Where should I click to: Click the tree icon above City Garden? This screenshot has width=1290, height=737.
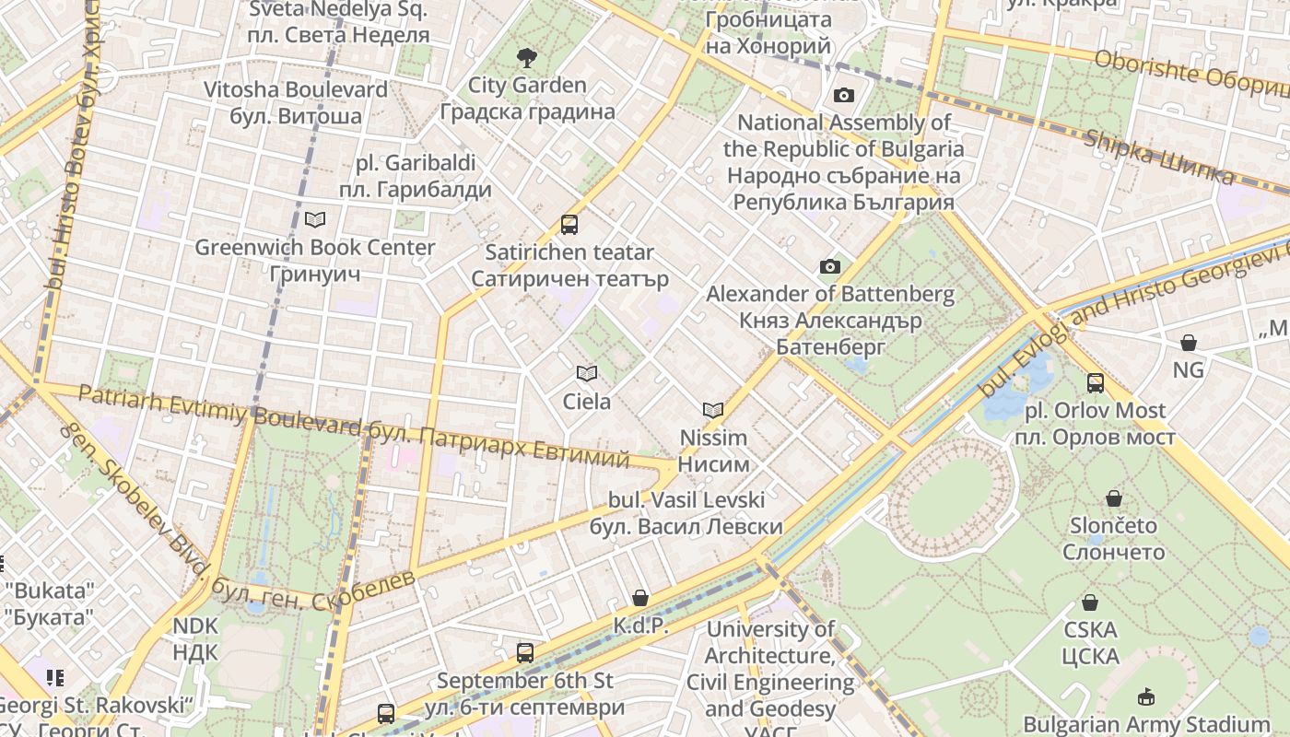point(526,58)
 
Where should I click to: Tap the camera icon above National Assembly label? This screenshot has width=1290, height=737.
point(843,95)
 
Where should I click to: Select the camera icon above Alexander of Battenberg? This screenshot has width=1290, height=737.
point(829,267)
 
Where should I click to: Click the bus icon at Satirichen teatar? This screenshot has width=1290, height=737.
point(569,224)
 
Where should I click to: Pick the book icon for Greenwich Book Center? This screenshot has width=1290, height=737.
point(315,219)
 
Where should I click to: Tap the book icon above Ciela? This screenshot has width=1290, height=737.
point(586,373)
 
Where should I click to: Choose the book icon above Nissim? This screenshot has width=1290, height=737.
point(713,410)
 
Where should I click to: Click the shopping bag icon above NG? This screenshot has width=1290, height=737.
point(1189,343)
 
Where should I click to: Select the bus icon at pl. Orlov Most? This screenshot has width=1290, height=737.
point(1095,382)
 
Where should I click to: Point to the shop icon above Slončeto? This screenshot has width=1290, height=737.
point(1114,498)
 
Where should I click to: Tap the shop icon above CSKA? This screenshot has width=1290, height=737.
point(1090,602)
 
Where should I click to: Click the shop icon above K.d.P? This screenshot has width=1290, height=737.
point(640,598)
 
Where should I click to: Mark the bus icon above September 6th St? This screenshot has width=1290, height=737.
point(525,653)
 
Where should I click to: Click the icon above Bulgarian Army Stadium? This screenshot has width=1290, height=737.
point(1146,696)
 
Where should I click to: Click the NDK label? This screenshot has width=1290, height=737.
point(195,639)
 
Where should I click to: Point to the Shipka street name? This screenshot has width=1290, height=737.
point(1157,158)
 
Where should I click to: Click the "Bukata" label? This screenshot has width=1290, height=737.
point(50,603)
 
